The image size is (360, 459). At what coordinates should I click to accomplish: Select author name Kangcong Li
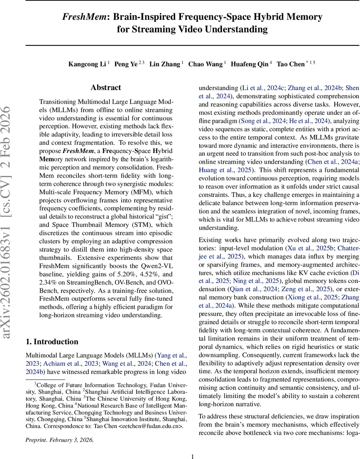click(87, 64)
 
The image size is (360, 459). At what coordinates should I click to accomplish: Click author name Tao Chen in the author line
click(291, 64)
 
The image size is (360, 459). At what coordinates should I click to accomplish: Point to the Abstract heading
click(106, 88)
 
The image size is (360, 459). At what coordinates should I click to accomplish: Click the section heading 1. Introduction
click(52, 342)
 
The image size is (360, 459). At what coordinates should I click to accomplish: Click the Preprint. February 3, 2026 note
click(59, 440)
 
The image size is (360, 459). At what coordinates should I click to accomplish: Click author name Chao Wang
click(205, 64)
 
